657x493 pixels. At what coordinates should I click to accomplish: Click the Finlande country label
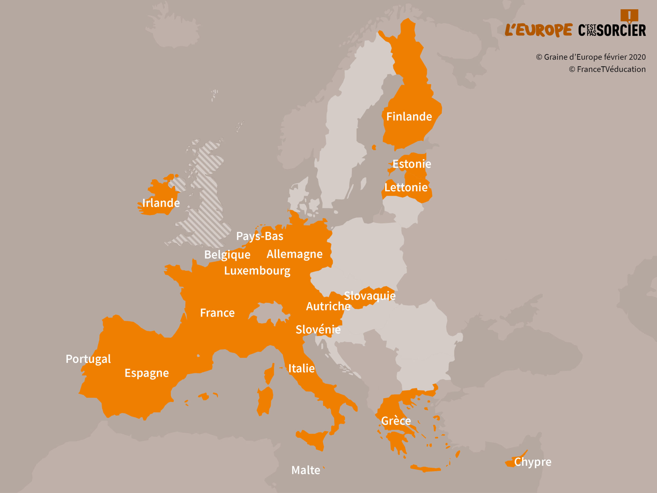click(409, 117)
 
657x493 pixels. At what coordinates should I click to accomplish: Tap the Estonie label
click(412, 164)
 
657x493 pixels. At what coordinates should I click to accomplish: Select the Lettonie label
click(406, 187)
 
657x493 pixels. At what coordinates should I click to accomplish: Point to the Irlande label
click(161, 203)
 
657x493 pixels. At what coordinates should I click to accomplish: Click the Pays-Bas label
click(260, 236)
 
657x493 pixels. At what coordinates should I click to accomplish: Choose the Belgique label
click(227, 255)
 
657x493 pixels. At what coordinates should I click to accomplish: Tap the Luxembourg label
click(257, 271)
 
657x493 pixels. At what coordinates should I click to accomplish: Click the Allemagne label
click(294, 254)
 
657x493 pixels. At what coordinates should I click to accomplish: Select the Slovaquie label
click(370, 296)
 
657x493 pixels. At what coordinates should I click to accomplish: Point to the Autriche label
click(328, 306)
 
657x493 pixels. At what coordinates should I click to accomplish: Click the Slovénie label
click(318, 329)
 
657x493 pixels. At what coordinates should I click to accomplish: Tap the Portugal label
click(88, 359)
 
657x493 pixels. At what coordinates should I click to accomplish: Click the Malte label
click(306, 470)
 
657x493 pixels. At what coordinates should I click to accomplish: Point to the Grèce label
click(396, 421)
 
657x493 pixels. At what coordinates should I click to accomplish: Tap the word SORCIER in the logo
click(621, 30)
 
